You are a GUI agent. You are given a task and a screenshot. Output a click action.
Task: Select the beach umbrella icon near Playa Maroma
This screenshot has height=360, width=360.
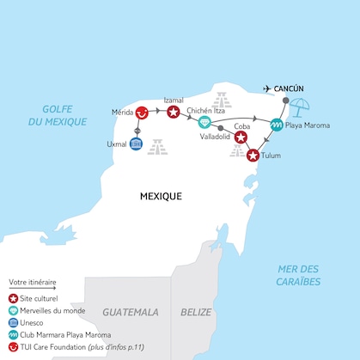300,108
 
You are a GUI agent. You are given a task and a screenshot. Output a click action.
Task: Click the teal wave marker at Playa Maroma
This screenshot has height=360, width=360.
277,125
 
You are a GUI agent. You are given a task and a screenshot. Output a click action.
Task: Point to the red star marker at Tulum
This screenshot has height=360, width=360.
253,156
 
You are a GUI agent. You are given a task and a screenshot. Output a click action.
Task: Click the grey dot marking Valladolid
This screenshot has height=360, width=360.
221,127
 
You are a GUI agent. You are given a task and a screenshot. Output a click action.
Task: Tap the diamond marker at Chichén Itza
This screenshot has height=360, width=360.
204,122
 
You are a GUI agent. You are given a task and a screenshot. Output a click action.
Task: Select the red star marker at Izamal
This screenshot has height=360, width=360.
174,112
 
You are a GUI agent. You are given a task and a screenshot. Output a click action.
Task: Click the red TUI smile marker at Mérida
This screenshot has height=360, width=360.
142,113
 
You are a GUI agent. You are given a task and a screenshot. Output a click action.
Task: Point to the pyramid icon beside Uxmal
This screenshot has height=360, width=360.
157,147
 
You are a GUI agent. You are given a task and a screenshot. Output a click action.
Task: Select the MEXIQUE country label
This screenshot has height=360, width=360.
161,196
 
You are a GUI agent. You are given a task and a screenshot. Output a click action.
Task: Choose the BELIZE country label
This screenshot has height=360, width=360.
196,312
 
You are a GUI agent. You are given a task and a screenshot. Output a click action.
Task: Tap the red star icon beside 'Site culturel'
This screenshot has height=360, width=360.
13,297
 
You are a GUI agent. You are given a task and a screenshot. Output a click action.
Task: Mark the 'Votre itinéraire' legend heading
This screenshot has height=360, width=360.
32,282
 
